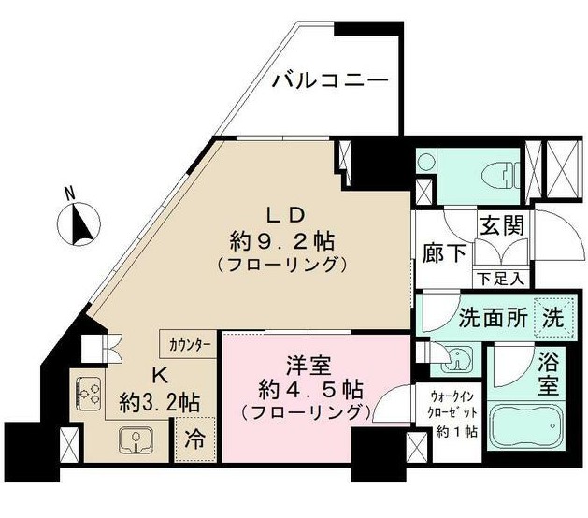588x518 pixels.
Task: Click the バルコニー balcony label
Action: point(330,79)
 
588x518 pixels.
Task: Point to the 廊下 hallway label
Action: point(444,252)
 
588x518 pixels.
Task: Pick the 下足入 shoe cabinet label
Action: point(501,279)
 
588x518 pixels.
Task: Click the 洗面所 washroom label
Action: point(494,319)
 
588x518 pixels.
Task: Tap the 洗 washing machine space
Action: point(554,318)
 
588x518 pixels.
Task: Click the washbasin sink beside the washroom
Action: point(456,359)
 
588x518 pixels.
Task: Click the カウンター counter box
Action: point(188,343)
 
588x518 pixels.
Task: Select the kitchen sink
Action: point(136,440)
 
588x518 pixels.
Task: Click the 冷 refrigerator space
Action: point(195,439)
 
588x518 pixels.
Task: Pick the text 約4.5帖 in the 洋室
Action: point(311,391)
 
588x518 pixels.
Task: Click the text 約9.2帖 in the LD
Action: point(282,241)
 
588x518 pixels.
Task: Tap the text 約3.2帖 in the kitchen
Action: point(159,403)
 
